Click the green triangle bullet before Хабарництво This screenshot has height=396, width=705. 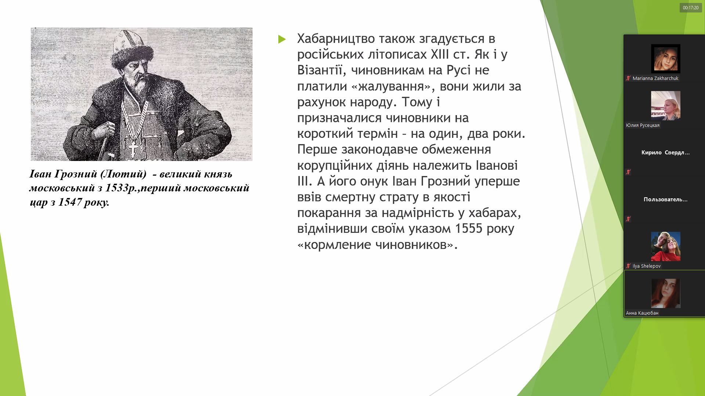click(x=282, y=39)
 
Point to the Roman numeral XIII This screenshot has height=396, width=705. click(x=440, y=54)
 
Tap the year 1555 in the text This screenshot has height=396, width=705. click(x=469, y=228)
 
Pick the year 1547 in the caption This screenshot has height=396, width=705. click(x=70, y=202)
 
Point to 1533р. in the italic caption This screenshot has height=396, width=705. click(x=120, y=188)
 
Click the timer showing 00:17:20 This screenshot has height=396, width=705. click(x=691, y=8)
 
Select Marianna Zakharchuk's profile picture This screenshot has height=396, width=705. click(x=666, y=59)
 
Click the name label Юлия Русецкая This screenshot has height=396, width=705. click(x=643, y=125)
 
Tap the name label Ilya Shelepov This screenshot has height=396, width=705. click(x=646, y=266)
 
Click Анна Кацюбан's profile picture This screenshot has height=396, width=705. click(x=666, y=293)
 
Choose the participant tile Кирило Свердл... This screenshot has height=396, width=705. click(x=665, y=153)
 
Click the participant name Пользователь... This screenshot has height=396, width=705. click(x=665, y=199)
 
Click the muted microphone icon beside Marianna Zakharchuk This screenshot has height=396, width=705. click(x=628, y=78)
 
